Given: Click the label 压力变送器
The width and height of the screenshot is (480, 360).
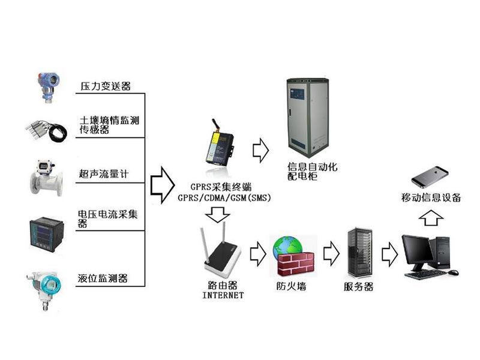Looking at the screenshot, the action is (x=106, y=86).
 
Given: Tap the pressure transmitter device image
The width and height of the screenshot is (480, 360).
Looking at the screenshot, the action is (x=49, y=87).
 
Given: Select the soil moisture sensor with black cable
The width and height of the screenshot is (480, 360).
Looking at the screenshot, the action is (x=47, y=131).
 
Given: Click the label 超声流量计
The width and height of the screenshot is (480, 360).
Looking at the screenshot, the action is (x=103, y=174).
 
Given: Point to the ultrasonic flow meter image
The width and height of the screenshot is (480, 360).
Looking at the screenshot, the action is (x=46, y=178).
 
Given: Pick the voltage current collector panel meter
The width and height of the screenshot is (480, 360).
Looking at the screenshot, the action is (x=47, y=234).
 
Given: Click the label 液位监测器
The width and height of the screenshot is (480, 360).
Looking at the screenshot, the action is (x=102, y=278).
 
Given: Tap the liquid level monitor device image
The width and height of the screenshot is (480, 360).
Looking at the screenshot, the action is (x=44, y=290).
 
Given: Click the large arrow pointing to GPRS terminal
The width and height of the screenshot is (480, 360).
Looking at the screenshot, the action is (x=162, y=185).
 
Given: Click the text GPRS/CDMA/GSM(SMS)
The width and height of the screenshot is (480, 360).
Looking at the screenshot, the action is (x=224, y=198).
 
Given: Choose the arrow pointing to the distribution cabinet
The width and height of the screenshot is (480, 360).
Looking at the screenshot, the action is (x=260, y=151).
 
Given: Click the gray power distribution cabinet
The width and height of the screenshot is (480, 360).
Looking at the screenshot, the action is (x=308, y=118).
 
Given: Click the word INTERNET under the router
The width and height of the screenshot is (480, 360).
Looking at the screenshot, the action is (x=223, y=295).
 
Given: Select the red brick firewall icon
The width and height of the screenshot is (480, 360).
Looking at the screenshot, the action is (x=295, y=264).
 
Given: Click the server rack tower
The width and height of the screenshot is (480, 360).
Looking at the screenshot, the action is (x=360, y=252).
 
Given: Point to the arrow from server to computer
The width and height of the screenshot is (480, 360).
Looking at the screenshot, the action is (x=389, y=254).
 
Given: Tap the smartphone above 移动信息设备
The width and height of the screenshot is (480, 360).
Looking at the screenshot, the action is (x=430, y=177).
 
